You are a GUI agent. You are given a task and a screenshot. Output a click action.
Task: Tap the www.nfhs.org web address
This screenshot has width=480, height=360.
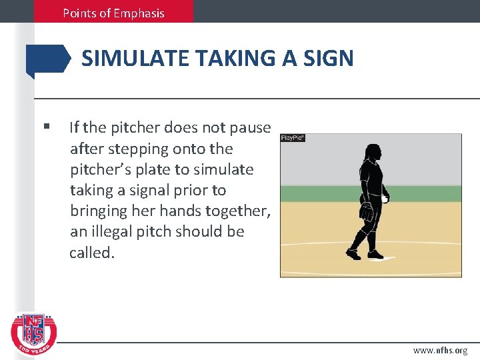point(440,350)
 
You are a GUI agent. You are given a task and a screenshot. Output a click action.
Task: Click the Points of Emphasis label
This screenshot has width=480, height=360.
point(113,13)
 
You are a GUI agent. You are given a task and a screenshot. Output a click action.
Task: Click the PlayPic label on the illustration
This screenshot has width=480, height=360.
point(293,137)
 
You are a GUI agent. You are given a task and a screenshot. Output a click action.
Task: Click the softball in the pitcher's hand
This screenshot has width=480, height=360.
point(385,199)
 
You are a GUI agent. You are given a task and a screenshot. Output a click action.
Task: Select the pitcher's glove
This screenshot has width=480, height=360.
point(367,212)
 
